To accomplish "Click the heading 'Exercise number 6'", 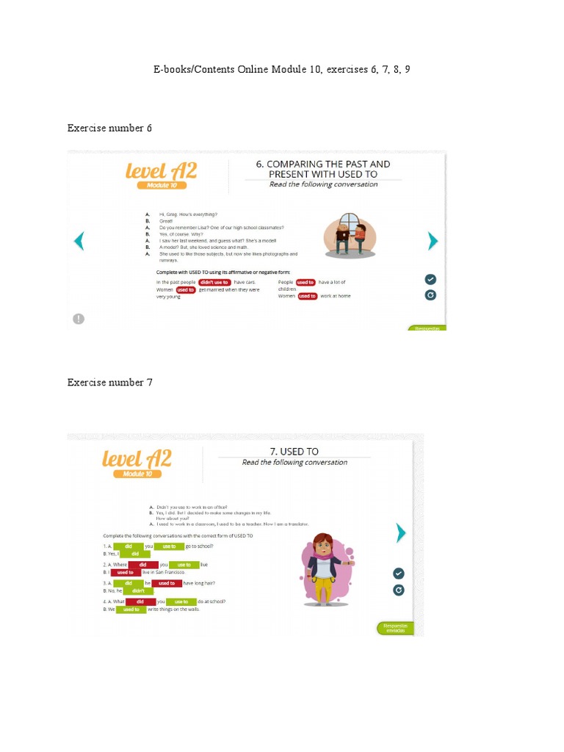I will click(109, 129).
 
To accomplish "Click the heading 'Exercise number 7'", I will click(109, 382).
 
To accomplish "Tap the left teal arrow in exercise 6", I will click(79, 241).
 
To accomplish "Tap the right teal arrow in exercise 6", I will click(433, 241).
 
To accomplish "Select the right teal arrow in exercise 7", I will click(401, 532).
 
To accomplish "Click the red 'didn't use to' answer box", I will click(215, 282).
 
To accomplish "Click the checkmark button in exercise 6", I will click(430, 279).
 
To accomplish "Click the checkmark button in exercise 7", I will click(398, 573).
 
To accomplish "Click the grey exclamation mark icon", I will click(79, 318).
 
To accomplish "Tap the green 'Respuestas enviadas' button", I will click(395, 628).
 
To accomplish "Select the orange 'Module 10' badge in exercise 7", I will click(137, 474).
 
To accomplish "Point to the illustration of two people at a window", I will click(350, 234).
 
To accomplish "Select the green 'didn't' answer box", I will click(138, 590).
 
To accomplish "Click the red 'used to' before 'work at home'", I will click(307, 296).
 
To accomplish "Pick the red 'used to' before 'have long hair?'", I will click(167, 583).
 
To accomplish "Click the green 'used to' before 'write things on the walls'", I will click(131, 610).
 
